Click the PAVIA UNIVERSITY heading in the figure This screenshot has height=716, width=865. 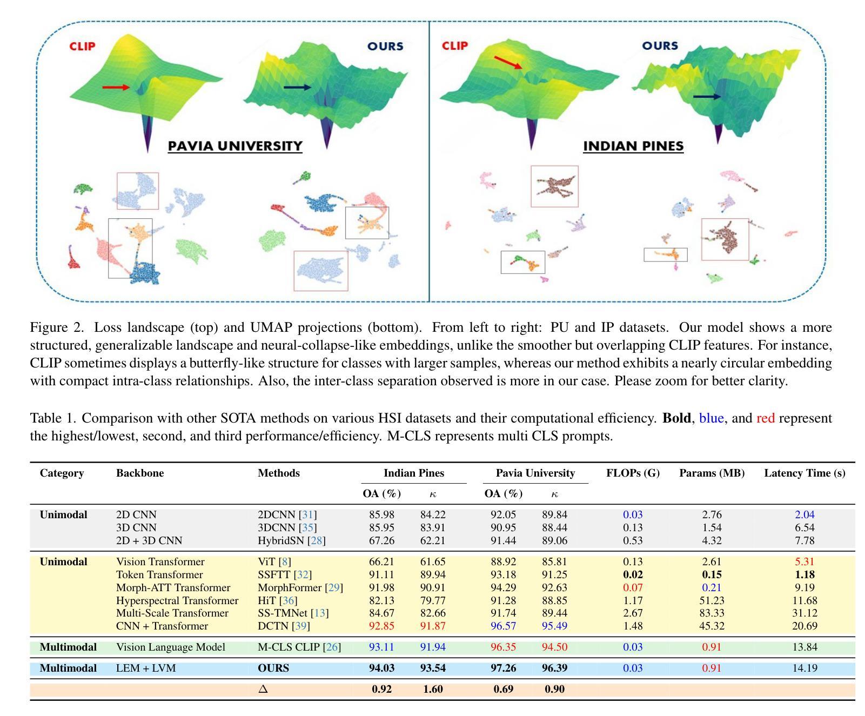coord(234,146)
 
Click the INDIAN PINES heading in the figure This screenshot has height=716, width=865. coord(633,146)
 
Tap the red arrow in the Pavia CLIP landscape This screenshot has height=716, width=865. coord(116,87)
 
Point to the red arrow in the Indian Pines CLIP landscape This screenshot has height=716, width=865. coord(508,63)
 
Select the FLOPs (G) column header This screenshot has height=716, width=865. coord(633,473)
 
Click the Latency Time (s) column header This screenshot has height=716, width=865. coord(804,473)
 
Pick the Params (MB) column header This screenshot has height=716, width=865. coord(712,473)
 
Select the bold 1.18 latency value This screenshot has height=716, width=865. coord(804,575)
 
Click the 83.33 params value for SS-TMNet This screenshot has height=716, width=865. coord(712,613)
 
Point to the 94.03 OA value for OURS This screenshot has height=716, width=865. coord(381,668)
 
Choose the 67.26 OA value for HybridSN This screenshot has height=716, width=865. coord(381,541)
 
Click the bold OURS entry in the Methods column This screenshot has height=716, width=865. coord(273,668)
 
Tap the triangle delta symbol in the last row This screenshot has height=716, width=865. coord(263,690)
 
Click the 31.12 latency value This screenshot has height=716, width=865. coord(804,613)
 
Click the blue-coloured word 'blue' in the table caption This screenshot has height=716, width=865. coord(711,418)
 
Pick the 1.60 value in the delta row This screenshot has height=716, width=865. coord(433,690)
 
